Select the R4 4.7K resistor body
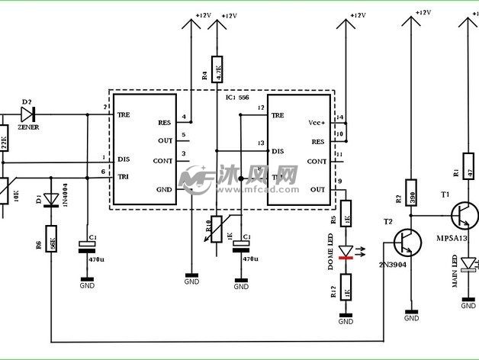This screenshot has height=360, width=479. pos(217,70)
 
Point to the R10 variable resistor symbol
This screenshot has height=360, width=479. pos(217,227)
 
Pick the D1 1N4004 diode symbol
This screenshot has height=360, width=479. pos(51,200)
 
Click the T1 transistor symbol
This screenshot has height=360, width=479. pos(463,214)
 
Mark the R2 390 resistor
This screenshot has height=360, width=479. pos(411,194)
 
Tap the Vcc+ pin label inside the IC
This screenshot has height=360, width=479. pos(317,123)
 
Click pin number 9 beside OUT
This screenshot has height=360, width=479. pos(339,182)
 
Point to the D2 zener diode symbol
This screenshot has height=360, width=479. pos(30,114)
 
